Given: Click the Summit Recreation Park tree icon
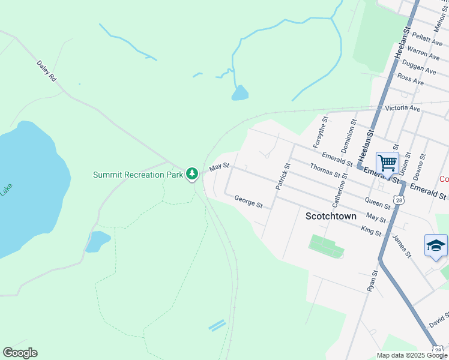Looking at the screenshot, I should click(x=192, y=174).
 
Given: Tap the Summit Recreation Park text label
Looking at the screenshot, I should click(x=137, y=175).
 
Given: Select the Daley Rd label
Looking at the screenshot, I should click(x=46, y=70).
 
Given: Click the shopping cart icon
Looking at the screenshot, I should click(x=387, y=162).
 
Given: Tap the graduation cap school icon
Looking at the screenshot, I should click(x=436, y=245).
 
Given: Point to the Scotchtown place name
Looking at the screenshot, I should click(x=331, y=216).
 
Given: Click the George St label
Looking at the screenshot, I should click(x=249, y=202).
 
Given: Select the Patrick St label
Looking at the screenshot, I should click(x=282, y=177).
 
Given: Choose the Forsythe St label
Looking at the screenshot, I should click(x=319, y=133).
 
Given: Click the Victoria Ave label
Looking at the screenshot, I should click(x=403, y=108).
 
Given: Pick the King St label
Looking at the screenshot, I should click(x=371, y=230).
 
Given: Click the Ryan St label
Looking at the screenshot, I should click(x=372, y=281).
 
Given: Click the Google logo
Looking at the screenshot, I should click(x=20, y=353).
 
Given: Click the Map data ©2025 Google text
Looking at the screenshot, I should click(x=411, y=355).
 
